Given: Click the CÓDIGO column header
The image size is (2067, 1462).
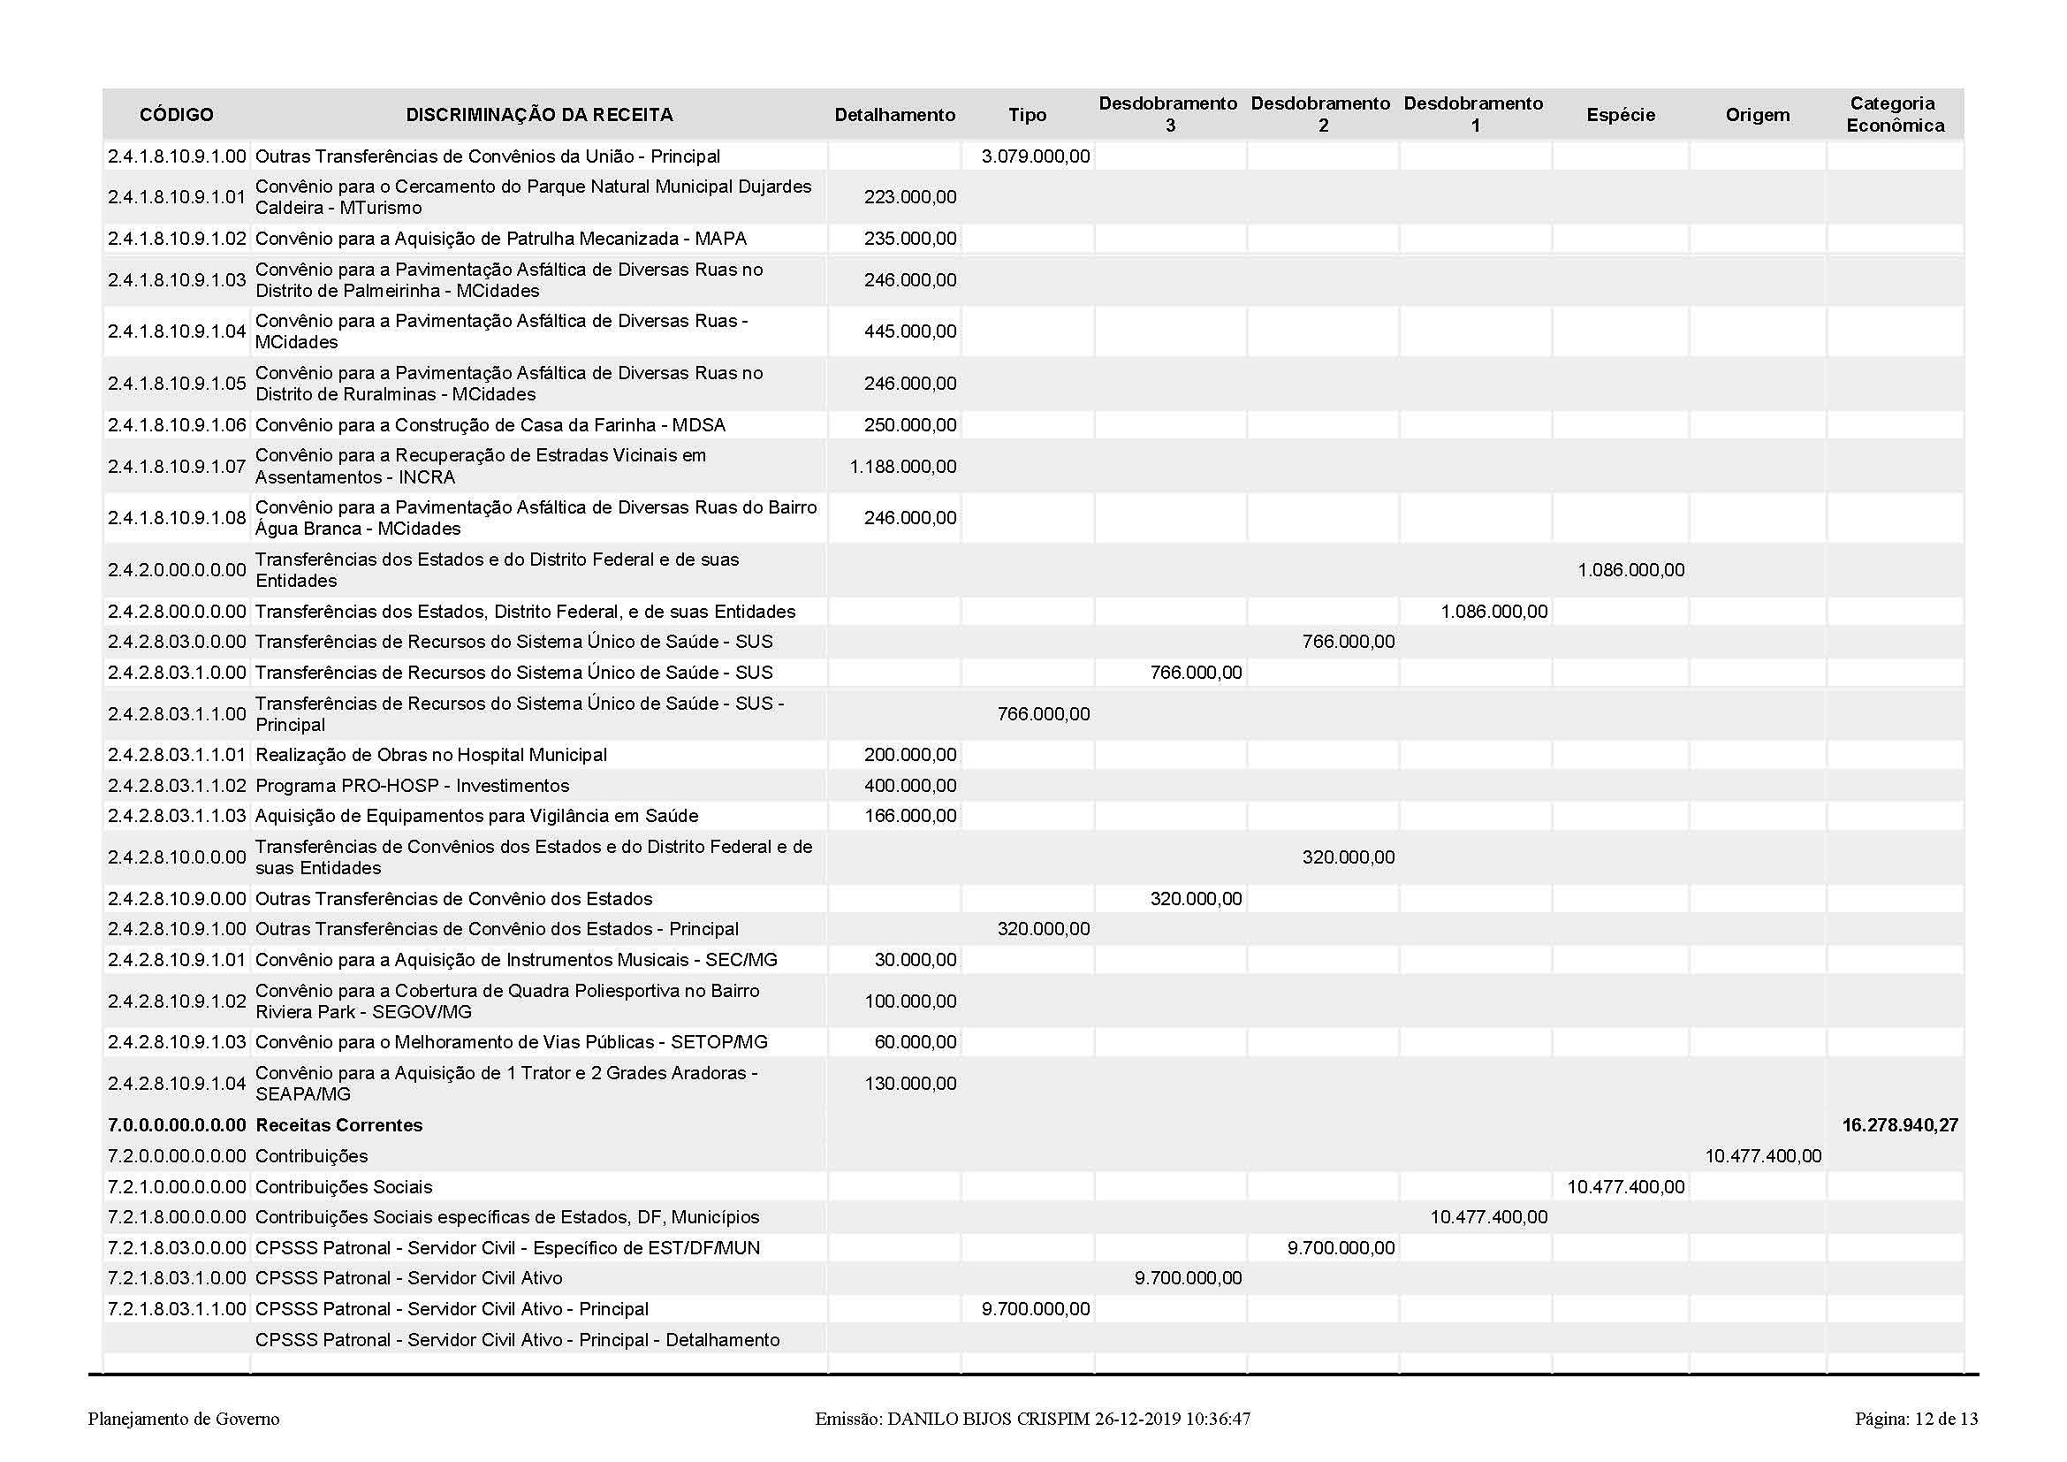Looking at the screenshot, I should pos(177,115).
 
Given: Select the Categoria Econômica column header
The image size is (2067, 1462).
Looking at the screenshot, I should pos(1894,114).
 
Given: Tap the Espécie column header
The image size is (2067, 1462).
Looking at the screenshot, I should pos(1621,115).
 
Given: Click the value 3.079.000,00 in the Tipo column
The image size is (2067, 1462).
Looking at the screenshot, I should pos(1036,156).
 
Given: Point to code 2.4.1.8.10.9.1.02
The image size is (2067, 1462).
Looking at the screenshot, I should pos(177,239).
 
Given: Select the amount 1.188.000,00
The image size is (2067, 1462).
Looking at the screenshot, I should pos(903,467).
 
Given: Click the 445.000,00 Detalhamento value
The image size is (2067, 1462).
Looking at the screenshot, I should pos(910,331).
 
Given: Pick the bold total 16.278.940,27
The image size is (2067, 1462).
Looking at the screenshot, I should pos(1900,1125).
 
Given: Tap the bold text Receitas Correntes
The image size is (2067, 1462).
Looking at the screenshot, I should pos(338,1125).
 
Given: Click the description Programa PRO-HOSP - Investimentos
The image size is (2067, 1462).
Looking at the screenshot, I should pos(413,786).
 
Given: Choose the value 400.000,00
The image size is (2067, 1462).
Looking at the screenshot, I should pos(910,786).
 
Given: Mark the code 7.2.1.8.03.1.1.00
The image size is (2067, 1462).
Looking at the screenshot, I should pos(177,1309).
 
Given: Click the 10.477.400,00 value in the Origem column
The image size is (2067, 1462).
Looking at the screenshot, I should pos(1763,1156).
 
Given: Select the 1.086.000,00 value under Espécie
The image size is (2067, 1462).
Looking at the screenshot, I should pos(1630,570).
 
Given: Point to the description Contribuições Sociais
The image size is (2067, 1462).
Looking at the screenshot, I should pos(344,1187).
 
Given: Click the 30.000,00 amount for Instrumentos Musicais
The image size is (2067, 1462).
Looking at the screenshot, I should pos(916,960).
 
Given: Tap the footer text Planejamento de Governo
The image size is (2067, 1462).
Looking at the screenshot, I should pos(184,1420).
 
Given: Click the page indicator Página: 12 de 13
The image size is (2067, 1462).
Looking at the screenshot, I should pos(1917,1420).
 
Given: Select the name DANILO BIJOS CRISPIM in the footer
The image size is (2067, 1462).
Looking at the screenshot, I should pos(988,1420).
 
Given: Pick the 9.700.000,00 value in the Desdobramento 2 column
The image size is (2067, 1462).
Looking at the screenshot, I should pos(1341,1249).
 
